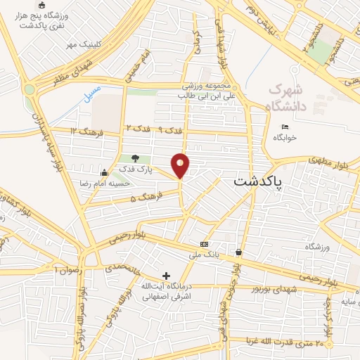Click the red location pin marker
click(x=181, y=165)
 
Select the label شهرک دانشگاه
click(x=288, y=98)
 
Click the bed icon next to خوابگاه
click(x=283, y=127)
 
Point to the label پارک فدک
click(x=135, y=169)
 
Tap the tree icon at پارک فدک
click(x=135, y=158)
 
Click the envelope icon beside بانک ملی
click(x=205, y=243)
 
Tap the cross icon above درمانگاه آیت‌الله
click(x=166, y=275)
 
